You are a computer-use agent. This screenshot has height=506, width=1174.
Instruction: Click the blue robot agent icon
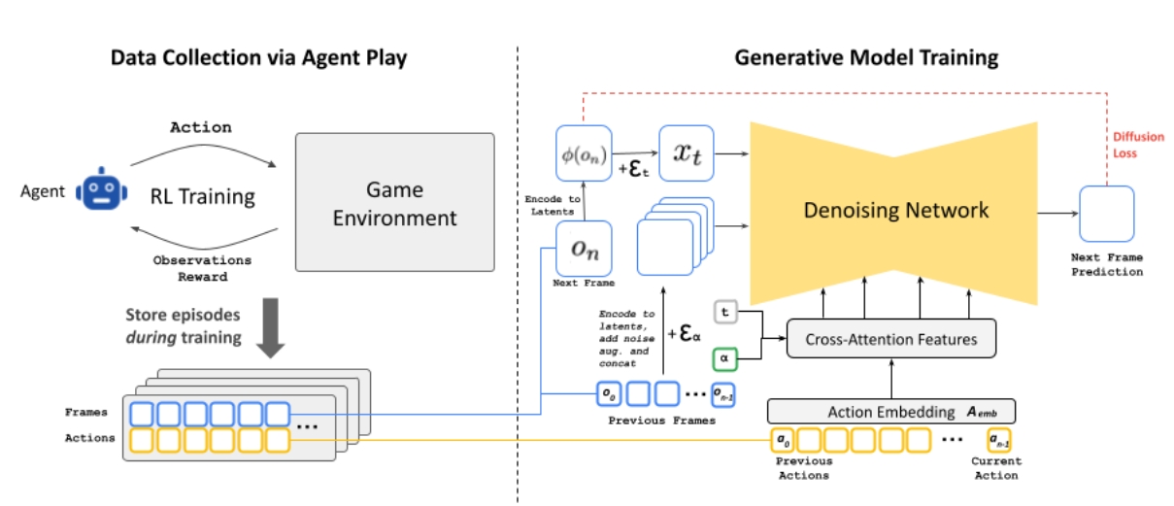coord(102,189)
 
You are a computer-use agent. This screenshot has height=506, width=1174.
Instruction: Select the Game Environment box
coord(394,202)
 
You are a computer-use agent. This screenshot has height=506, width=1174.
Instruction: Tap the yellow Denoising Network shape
coord(893,214)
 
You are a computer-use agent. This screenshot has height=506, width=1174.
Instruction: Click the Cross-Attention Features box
coord(891,339)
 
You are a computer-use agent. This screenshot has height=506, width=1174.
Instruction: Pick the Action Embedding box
coord(891,412)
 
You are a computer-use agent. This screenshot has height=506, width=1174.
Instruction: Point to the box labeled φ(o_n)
coord(584,153)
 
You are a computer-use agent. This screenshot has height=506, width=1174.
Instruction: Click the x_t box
coord(687,153)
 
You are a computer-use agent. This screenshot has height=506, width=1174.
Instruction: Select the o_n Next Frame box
coord(584,249)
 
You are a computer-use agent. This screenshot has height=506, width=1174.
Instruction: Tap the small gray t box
coord(725,312)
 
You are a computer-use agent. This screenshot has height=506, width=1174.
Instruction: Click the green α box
coord(724,359)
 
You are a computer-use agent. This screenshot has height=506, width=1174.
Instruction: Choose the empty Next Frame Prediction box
coord(1106,214)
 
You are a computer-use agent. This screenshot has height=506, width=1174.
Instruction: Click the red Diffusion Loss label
coord(1138,145)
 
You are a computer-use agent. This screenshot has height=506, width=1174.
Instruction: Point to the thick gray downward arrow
coord(271,327)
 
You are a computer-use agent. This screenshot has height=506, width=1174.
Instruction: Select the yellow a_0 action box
coord(783,440)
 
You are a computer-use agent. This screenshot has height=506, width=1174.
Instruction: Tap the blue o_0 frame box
coord(609,394)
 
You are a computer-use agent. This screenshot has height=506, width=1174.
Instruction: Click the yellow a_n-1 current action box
coord(998,440)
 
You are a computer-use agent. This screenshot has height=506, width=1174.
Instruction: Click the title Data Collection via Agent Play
coord(258,57)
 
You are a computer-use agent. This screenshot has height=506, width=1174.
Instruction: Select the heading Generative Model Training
coord(866,57)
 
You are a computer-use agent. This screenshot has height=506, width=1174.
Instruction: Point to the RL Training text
coord(202,196)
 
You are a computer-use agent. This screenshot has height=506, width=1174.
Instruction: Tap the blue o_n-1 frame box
coord(722,395)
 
